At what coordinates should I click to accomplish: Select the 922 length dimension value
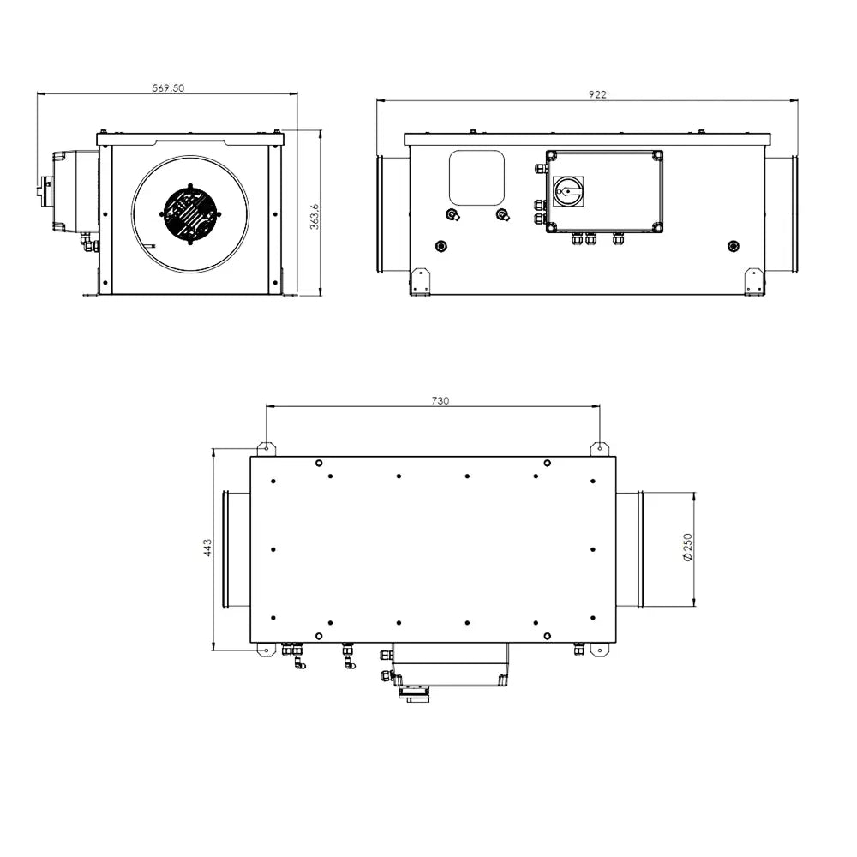point(597,94)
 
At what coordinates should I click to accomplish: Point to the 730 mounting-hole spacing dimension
point(440,400)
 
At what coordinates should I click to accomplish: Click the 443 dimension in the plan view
point(207,548)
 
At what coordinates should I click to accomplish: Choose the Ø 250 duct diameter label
point(687,548)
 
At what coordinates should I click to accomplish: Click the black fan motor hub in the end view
point(189,213)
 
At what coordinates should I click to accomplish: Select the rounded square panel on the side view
point(476,177)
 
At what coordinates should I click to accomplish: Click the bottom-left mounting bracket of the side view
point(420,281)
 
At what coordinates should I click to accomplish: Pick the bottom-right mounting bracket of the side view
point(753,281)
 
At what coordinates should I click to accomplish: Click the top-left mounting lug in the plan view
point(267,448)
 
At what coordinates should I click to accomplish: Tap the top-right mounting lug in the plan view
point(600,448)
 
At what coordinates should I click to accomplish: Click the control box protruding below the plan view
point(449,665)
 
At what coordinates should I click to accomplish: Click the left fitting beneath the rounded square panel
point(452,214)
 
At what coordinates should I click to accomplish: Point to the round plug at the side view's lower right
point(732,247)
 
